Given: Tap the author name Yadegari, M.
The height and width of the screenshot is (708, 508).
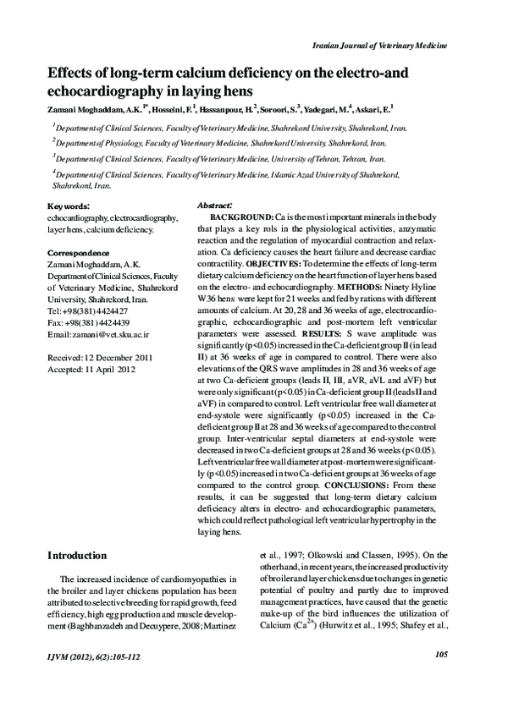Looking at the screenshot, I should point(344,109).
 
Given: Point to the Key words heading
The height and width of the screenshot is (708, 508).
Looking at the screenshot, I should point(70,206).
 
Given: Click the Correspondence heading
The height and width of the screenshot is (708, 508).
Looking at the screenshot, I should point(78,253).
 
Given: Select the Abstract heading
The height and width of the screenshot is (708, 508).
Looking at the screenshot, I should point(215,206).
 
